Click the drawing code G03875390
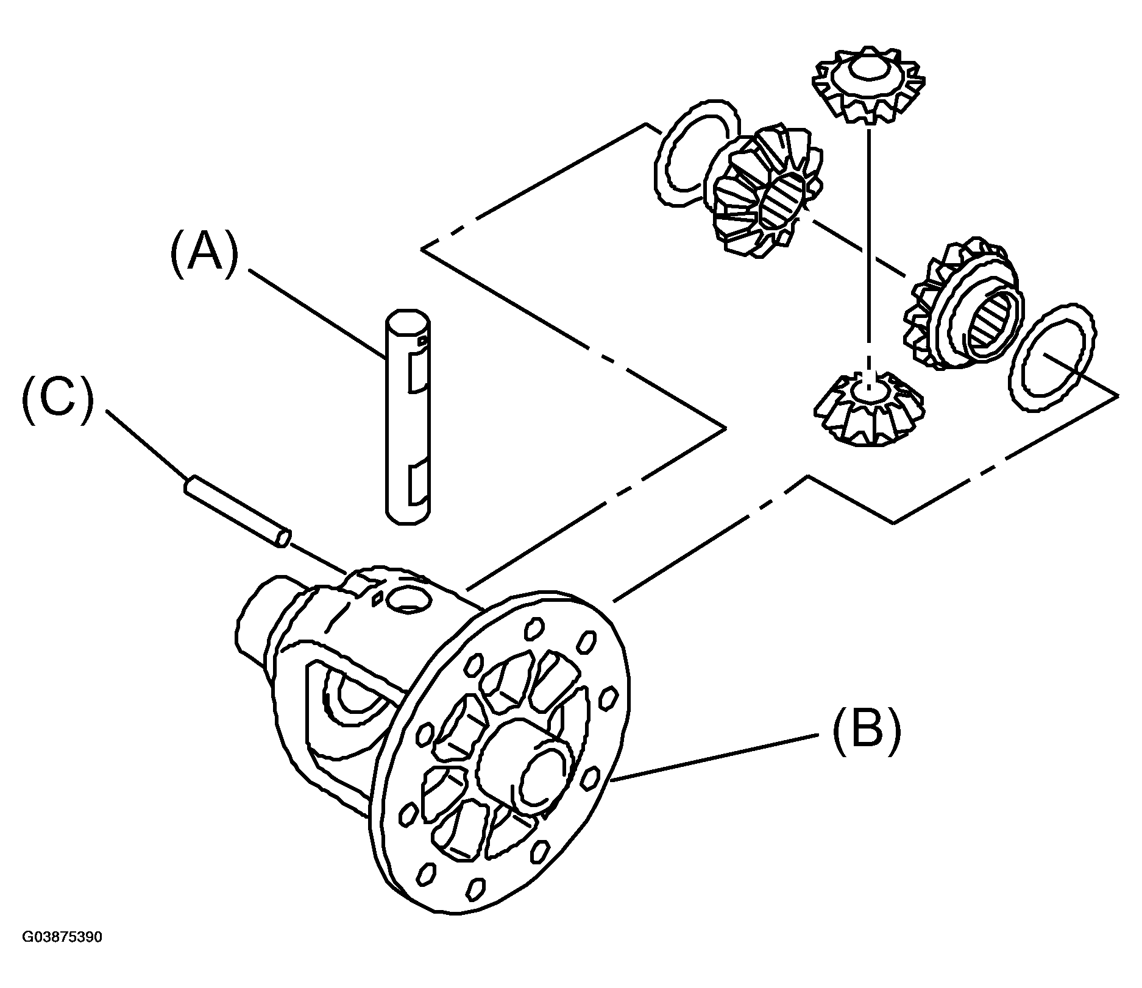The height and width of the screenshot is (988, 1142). (63, 953)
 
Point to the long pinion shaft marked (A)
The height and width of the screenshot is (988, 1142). (408, 416)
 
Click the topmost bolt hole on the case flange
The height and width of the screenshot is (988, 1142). (534, 628)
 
